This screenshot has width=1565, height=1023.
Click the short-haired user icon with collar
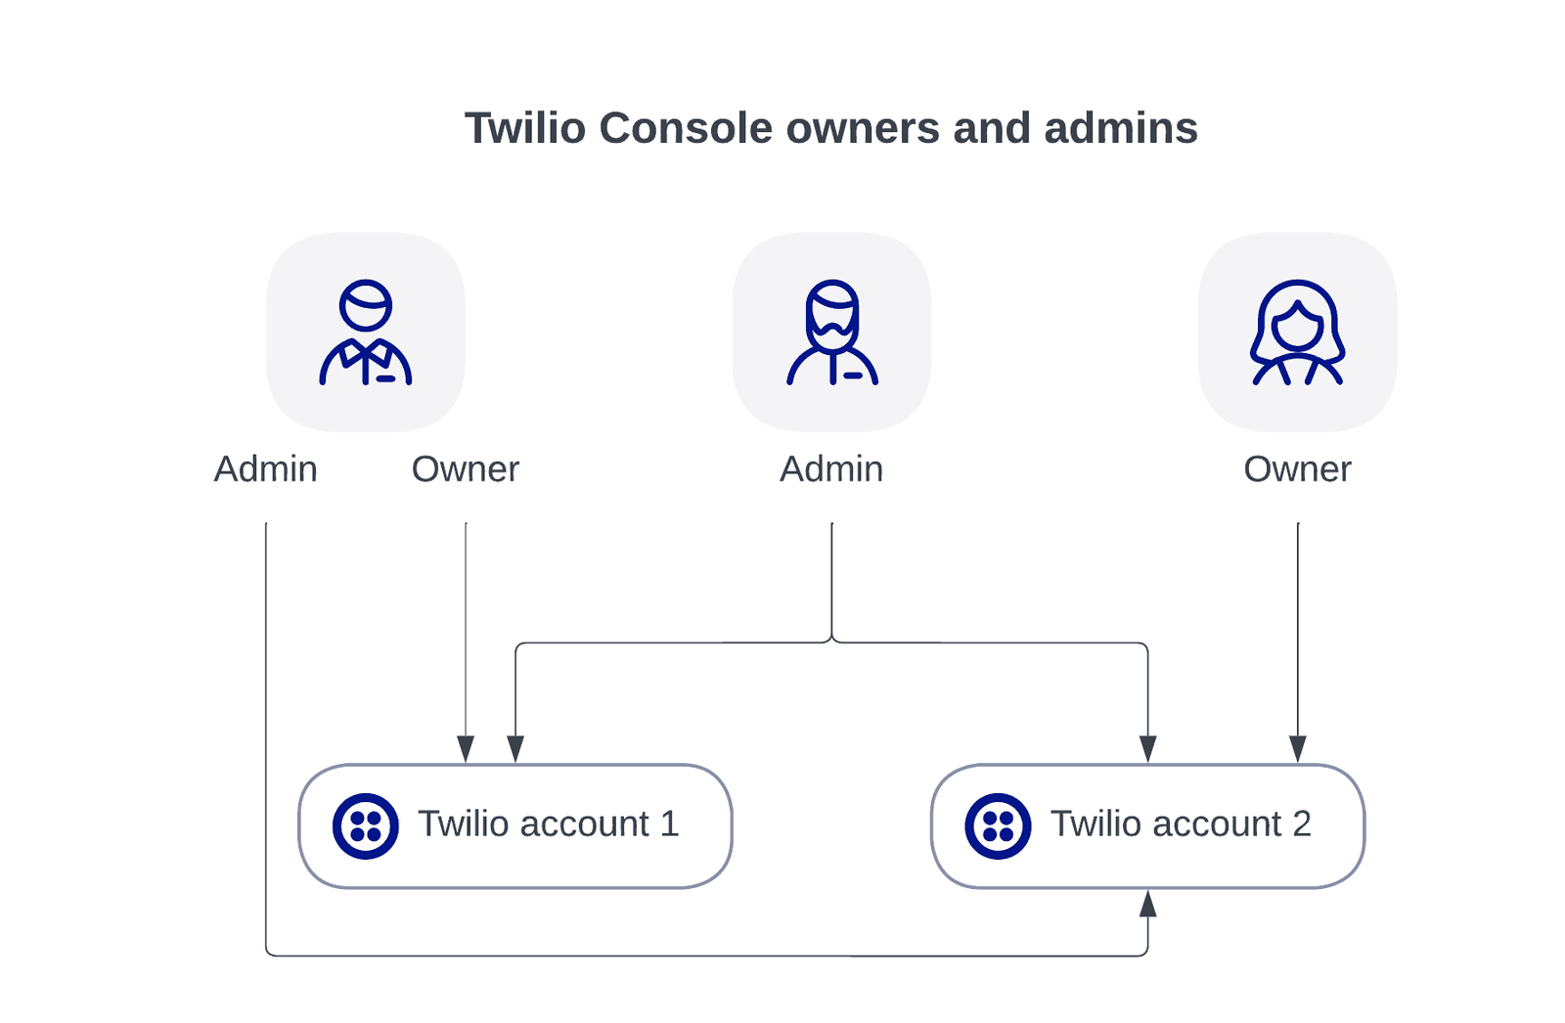(366, 333)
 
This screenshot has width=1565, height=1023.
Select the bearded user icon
(832, 333)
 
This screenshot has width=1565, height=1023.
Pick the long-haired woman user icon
(1297, 333)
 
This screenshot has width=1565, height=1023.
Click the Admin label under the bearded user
(831, 469)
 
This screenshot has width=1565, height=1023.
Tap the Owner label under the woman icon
(1297, 469)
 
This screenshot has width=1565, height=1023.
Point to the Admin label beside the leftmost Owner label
(266, 469)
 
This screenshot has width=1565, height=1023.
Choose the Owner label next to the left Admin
(466, 469)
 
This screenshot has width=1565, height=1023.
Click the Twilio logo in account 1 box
(366, 826)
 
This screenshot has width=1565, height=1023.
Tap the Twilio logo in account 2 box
(998, 826)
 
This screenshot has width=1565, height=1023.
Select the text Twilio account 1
(548, 824)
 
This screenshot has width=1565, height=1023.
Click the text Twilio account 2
(1180, 824)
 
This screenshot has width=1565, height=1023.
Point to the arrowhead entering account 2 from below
(1148, 904)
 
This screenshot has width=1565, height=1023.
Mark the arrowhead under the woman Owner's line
(1298, 749)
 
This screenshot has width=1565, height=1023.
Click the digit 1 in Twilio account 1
(670, 824)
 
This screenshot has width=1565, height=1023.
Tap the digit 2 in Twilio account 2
(1302, 824)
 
